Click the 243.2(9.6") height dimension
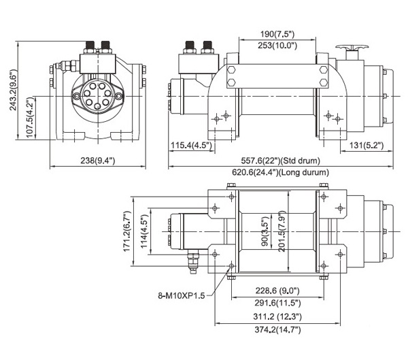pyautogui.click(x=13, y=90)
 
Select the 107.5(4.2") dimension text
pyautogui.click(x=31, y=118)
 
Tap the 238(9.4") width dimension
pyautogui.click(x=97, y=160)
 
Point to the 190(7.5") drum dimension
pyautogui.click(x=277, y=34)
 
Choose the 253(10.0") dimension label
pyautogui.click(x=277, y=46)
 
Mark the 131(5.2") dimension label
pyautogui.click(x=367, y=145)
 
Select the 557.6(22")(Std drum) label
pyautogui.click(x=280, y=160)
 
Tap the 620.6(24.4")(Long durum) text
pyautogui.click(x=280, y=172)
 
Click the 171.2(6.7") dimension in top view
pyautogui.click(x=126, y=231)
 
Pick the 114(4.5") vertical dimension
pyautogui.click(x=144, y=231)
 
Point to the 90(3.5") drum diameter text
pyautogui.click(x=265, y=231)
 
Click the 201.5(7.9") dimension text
pyautogui.click(x=282, y=231)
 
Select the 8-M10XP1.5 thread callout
pyautogui.click(x=182, y=295)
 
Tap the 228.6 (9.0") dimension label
pyautogui.click(x=277, y=290)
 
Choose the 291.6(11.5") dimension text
pyautogui.click(x=277, y=303)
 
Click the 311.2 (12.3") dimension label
pyautogui.click(x=277, y=316)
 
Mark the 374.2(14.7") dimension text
pyautogui.click(x=277, y=329)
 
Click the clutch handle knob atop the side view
pyautogui.click(x=352, y=47)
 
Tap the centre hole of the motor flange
pyautogui.click(x=97, y=106)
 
